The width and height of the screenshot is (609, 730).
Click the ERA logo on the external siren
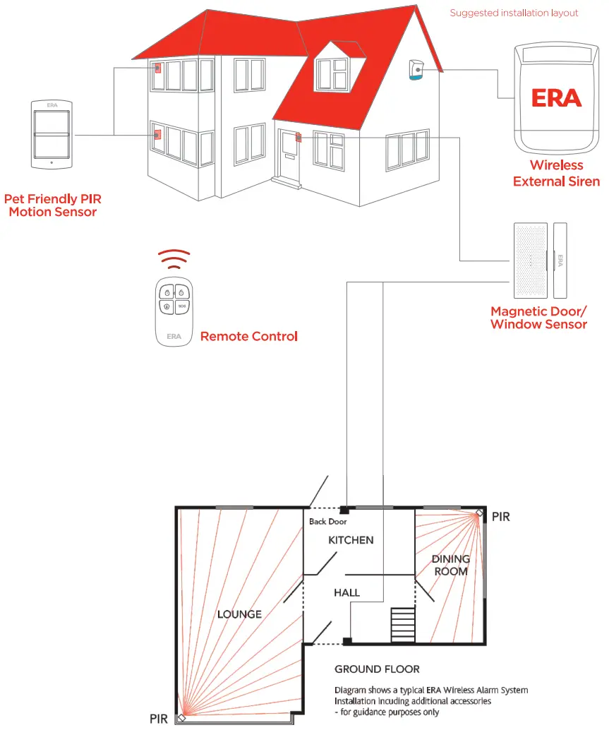pyautogui.click(x=557, y=97)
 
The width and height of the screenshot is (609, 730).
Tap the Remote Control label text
pyautogui.click(x=248, y=337)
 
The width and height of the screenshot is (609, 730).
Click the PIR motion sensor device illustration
pyautogui.click(x=52, y=135)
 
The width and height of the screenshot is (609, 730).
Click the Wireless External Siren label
pyautogui.click(x=557, y=173)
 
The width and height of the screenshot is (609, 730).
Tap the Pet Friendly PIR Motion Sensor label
pyautogui.click(x=52, y=205)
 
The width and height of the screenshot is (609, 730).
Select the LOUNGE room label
pyautogui.click(x=239, y=614)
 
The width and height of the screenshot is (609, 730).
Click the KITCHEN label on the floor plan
pyautogui.click(x=351, y=540)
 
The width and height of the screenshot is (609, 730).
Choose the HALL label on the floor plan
pyautogui.click(x=346, y=593)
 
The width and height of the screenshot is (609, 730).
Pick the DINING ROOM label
pyautogui.click(x=451, y=566)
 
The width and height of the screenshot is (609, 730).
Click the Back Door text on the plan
pyautogui.click(x=327, y=522)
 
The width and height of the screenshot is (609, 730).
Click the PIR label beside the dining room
pyautogui.click(x=501, y=517)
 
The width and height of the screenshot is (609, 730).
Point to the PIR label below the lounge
pyautogui.click(x=159, y=719)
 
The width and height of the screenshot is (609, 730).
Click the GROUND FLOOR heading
pyautogui.click(x=377, y=669)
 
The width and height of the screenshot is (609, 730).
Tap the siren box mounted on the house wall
pyautogui.click(x=416, y=70)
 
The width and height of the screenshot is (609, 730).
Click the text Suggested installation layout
pyautogui.click(x=514, y=13)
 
